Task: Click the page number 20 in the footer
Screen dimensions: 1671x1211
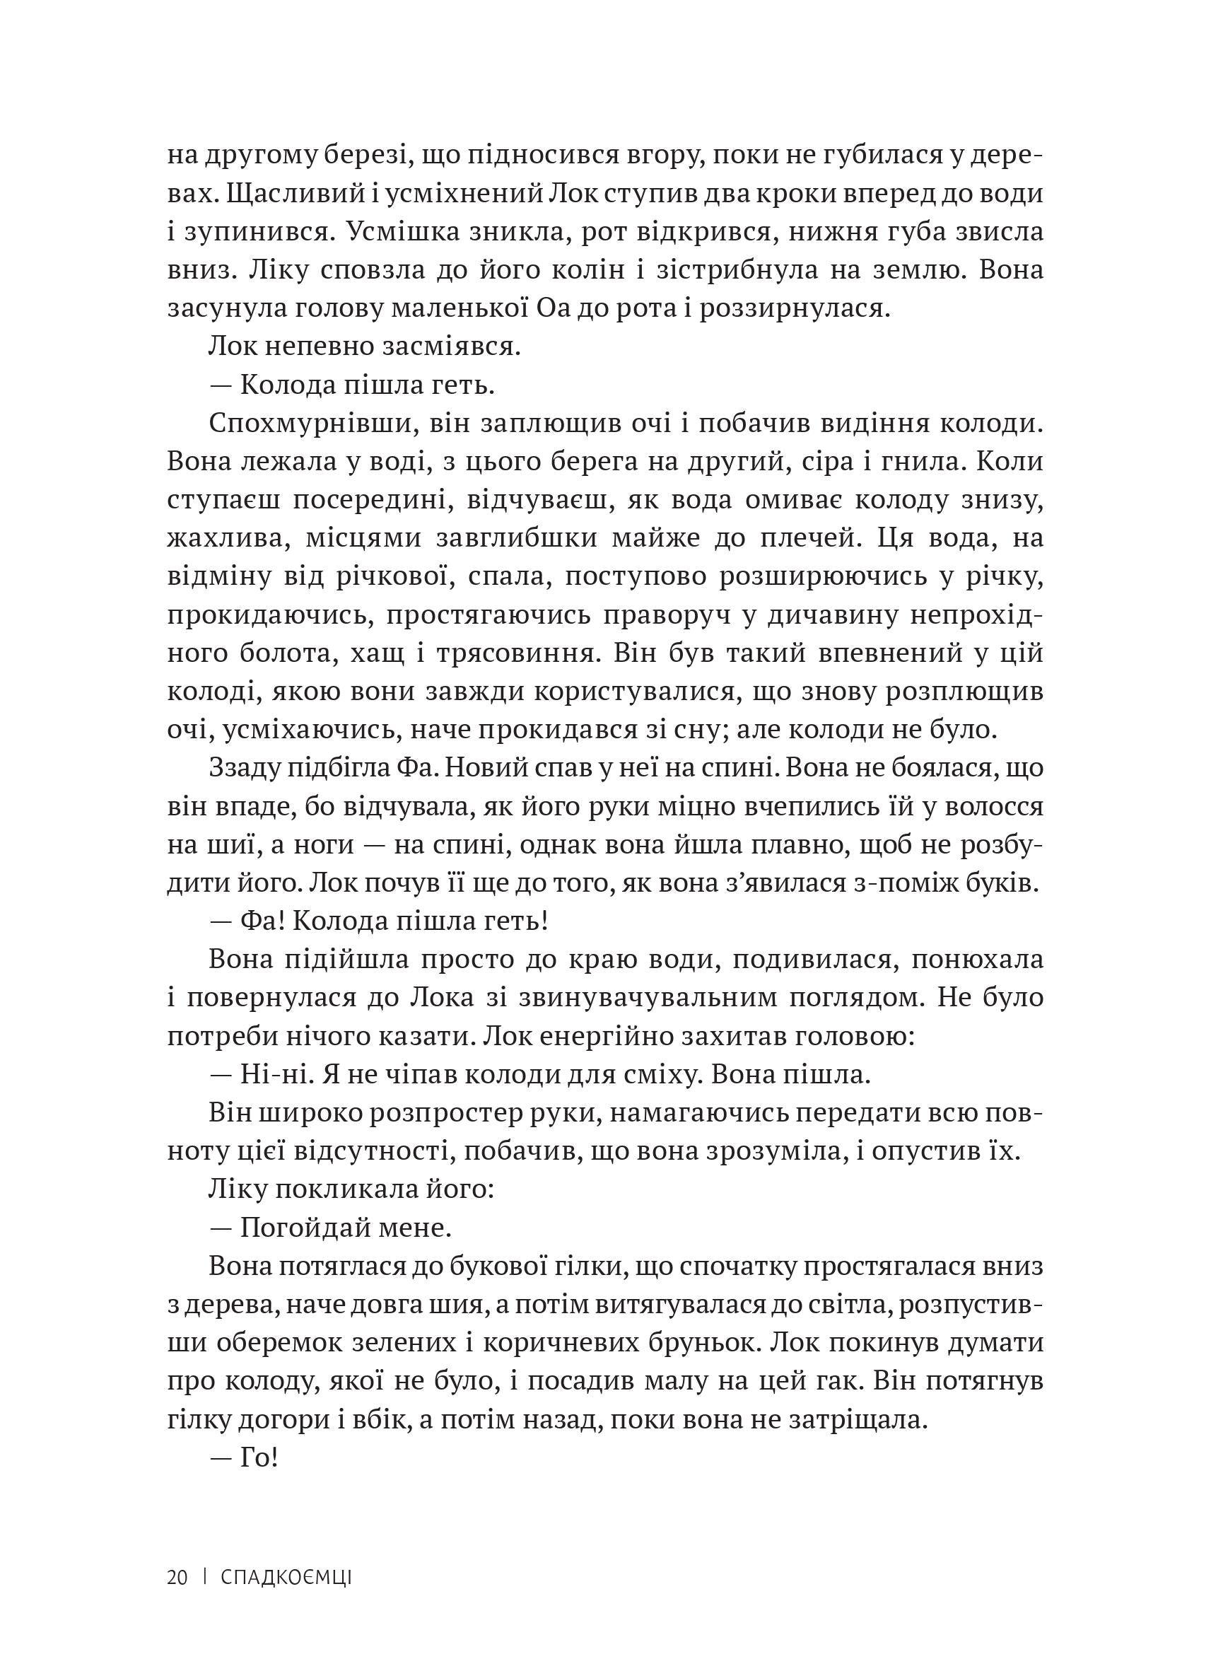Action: pos(177,1576)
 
